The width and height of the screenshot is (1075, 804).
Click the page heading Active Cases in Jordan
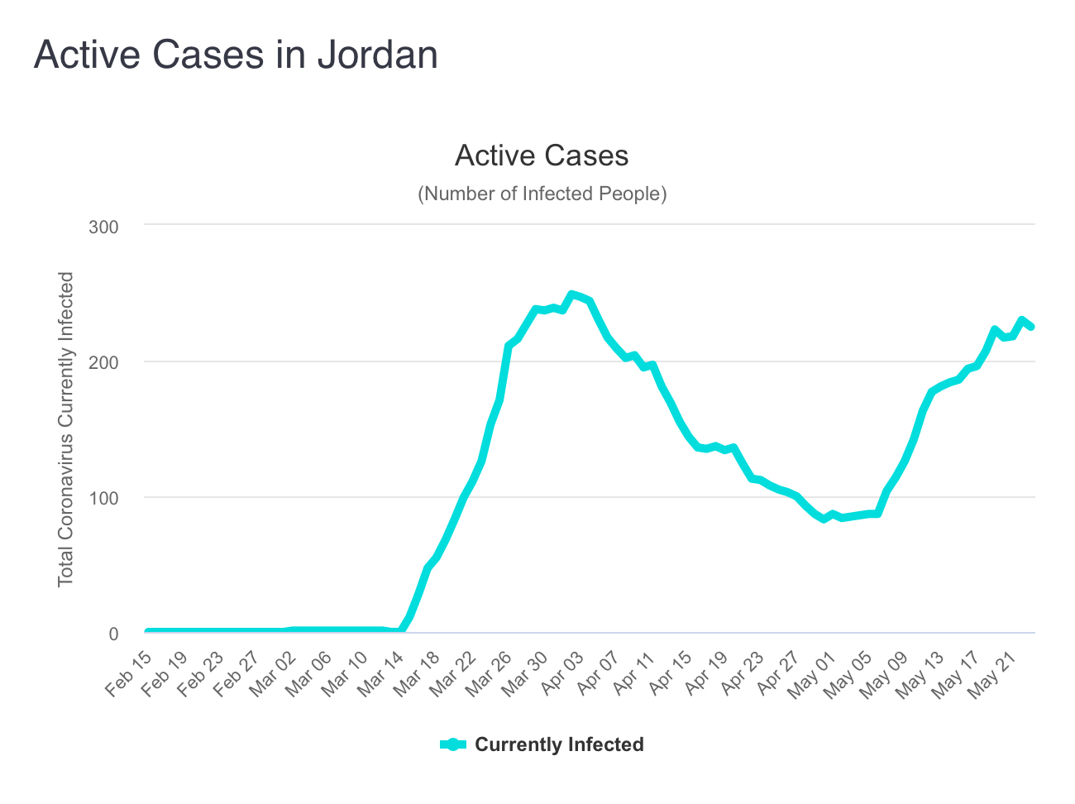[236, 55]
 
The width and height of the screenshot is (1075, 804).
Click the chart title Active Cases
[542, 156]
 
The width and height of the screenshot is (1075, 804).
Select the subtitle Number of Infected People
[542, 194]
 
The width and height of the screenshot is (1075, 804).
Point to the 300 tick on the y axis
[103, 227]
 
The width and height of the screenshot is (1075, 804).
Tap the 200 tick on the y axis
[103, 362]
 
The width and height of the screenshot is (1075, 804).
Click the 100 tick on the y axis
[103, 498]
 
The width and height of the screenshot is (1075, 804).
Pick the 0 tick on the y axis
[113, 634]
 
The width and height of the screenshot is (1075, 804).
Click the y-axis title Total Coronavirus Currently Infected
[66, 429]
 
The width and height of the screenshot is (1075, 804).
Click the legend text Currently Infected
[559, 744]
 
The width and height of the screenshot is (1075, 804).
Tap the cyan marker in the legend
[453, 744]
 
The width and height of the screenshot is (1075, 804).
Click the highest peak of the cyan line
[571, 294]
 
